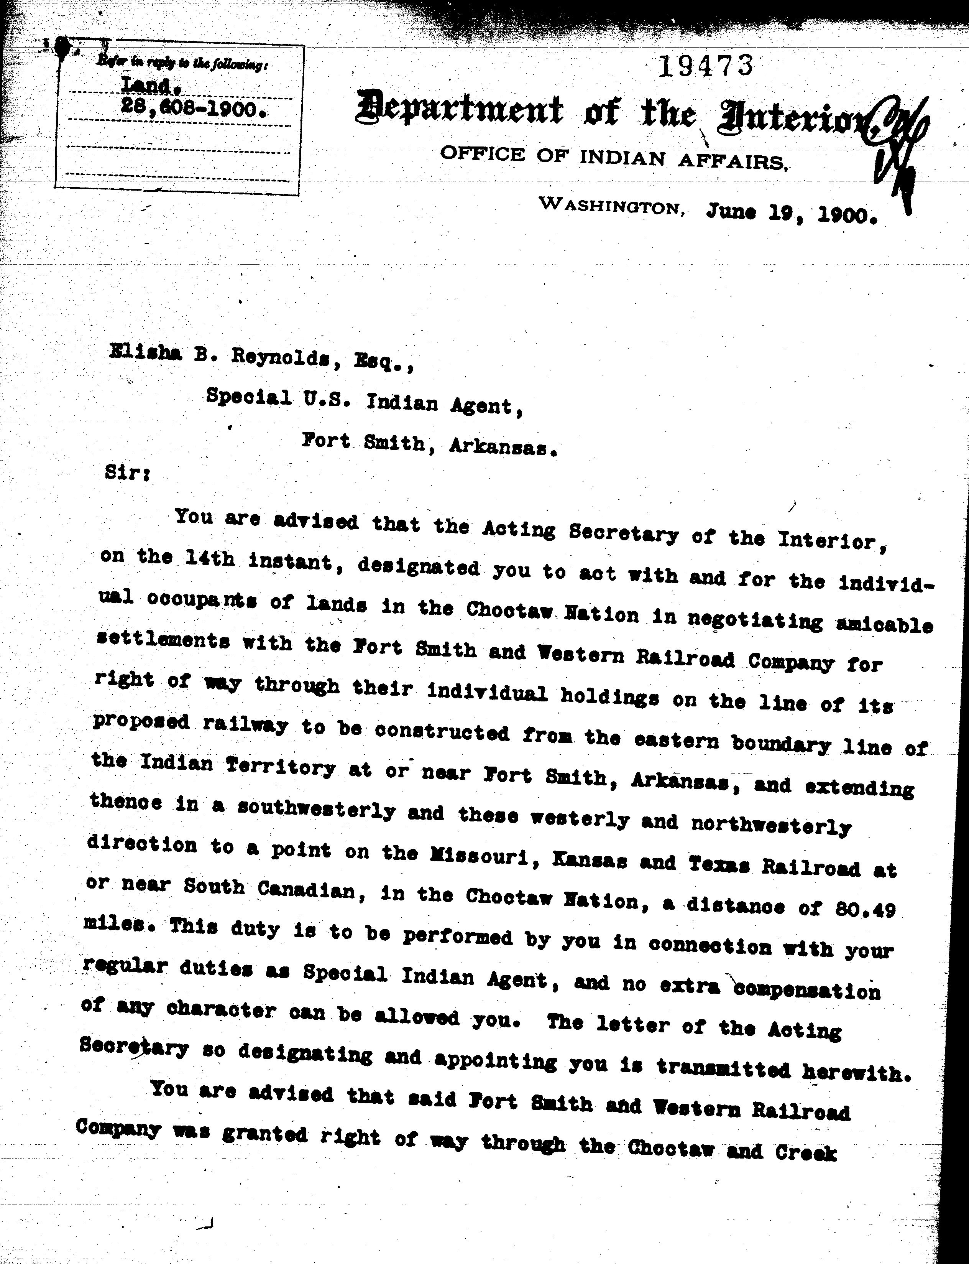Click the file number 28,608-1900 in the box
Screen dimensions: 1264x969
193,107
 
